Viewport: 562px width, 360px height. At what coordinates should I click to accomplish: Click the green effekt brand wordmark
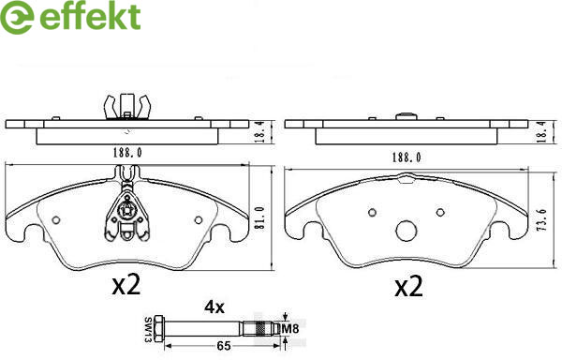90,16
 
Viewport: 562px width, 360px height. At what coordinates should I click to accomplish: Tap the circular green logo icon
17,17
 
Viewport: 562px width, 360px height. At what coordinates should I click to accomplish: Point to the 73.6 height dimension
541,219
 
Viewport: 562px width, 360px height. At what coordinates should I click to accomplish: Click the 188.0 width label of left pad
127,153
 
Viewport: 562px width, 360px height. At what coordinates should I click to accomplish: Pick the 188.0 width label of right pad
407,157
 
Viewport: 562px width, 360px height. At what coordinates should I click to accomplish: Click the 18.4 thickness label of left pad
259,132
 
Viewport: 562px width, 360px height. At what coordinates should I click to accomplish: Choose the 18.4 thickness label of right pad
542,132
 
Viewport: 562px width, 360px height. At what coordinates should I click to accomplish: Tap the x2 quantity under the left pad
126,285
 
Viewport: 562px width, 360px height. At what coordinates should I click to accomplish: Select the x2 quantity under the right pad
408,287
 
